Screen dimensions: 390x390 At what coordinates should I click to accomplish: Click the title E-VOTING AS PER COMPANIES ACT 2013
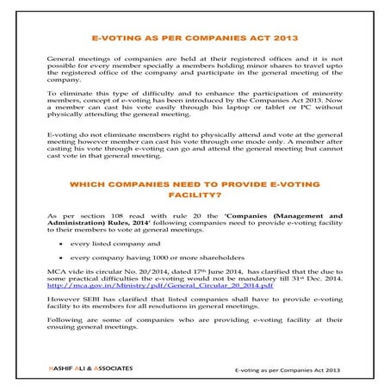[x=195, y=39]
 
